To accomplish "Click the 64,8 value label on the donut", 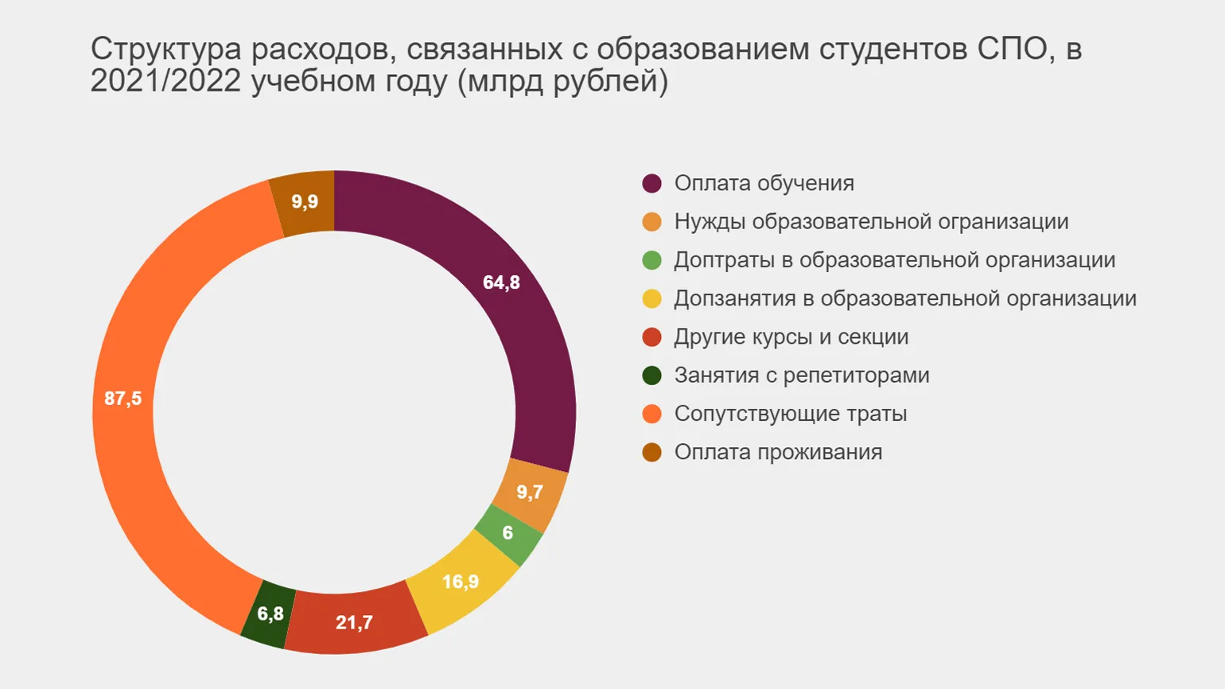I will point(501,282).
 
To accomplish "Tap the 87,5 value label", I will point(122,398).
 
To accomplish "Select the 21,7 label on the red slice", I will point(354,622).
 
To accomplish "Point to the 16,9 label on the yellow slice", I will point(461,582).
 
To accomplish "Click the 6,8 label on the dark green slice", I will point(270,614).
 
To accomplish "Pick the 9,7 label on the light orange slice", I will point(530,492).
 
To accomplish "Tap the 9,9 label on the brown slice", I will point(305,201).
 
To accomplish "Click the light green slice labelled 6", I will point(508,533).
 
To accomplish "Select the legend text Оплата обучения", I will point(764,183).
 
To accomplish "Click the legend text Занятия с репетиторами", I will point(801,375).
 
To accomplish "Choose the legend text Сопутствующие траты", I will point(790,414).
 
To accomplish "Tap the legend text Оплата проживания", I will point(778,452).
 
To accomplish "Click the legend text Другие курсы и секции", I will point(791,337).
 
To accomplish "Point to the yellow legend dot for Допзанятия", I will point(651,298).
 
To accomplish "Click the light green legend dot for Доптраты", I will point(651,260).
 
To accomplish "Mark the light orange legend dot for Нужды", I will point(651,222).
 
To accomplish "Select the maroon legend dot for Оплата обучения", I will point(651,183).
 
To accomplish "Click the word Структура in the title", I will point(165,49).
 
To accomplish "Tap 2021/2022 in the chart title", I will point(165,81).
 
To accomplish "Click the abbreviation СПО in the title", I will point(1013,49).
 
